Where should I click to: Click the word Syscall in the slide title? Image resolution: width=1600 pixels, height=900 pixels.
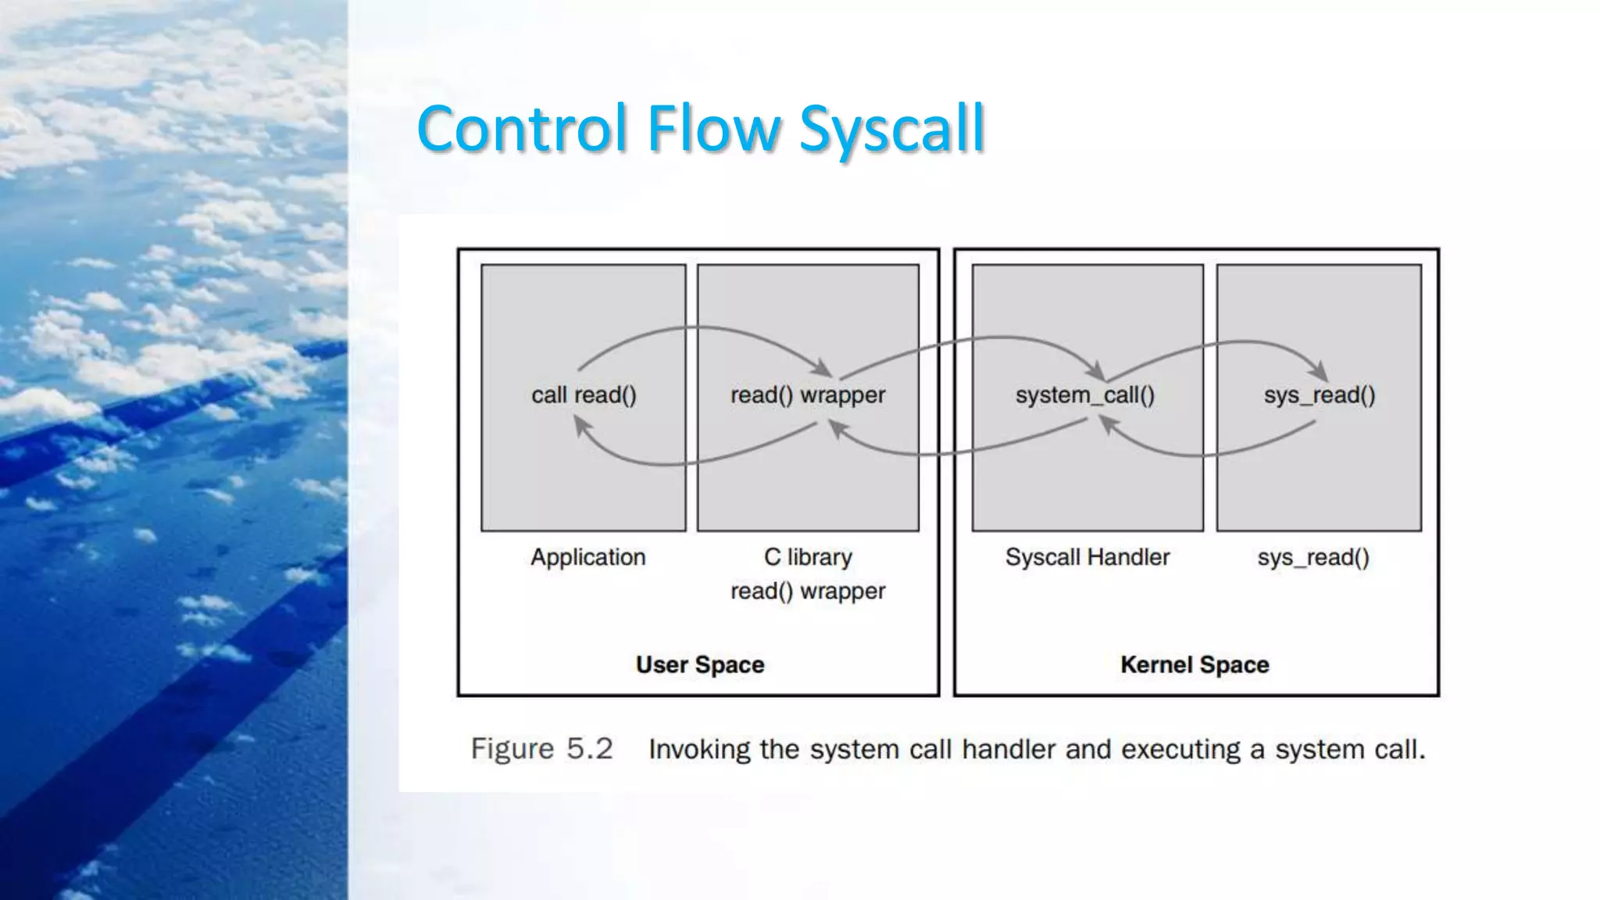(x=891, y=129)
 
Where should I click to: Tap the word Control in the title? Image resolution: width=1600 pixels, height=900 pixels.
(x=522, y=129)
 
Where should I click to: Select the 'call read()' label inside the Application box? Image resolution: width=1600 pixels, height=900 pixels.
(x=584, y=395)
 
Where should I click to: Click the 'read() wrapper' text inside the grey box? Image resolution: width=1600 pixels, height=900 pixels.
(x=808, y=395)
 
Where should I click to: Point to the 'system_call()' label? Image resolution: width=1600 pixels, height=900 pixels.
(x=1084, y=395)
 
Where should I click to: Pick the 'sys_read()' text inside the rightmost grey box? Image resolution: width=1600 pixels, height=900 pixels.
(x=1320, y=395)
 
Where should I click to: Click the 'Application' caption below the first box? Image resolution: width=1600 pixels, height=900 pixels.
(x=588, y=557)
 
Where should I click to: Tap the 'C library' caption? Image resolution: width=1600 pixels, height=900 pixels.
(x=808, y=557)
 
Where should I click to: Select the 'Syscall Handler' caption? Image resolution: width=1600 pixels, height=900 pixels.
(x=1087, y=557)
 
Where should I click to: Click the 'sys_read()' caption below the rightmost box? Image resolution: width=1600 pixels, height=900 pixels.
(x=1313, y=558)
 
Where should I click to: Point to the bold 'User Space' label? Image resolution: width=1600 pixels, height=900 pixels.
(x=700, y=665)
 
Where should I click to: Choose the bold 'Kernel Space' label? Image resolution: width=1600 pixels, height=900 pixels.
(x=1195, y=665)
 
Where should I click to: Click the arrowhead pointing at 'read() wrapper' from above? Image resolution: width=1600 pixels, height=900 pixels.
(x=823, y=368)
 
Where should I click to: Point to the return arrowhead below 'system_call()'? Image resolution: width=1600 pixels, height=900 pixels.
(x=1107, y=423)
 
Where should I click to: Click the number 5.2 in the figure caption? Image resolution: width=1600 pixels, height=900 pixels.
(x=589, y=749)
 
